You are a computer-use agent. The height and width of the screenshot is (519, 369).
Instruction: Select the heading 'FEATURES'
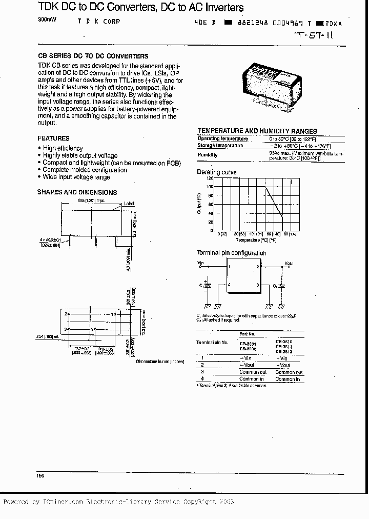[x=53, y=138]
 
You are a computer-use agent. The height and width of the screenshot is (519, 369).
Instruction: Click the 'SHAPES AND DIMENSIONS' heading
[x=77, y=192]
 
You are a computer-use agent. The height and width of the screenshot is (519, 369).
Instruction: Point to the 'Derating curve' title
[x=217, y=172]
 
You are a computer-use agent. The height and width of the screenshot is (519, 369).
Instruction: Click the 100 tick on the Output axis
[x=210, y=187]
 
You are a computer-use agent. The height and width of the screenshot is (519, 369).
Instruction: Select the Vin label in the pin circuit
[x=201, y=263]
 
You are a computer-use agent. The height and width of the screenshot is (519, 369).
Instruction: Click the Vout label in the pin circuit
[x=289, y=263]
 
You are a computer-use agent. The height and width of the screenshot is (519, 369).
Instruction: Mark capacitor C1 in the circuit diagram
[x=207, y=286]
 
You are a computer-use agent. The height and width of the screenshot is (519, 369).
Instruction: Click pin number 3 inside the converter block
[x=257, y=285]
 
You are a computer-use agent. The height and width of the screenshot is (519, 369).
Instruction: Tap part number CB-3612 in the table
[x=283, y=352]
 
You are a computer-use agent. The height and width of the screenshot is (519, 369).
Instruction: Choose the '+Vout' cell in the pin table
[x=284, y=365]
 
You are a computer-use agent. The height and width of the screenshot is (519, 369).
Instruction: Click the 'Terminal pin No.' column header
[x=212, y=342]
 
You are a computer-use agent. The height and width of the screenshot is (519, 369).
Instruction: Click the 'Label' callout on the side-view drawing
[x=129, y=203]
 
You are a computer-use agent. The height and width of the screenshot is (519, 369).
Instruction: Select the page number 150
[x=40, y=476]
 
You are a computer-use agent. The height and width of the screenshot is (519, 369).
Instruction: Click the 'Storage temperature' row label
[x=220, y=146]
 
